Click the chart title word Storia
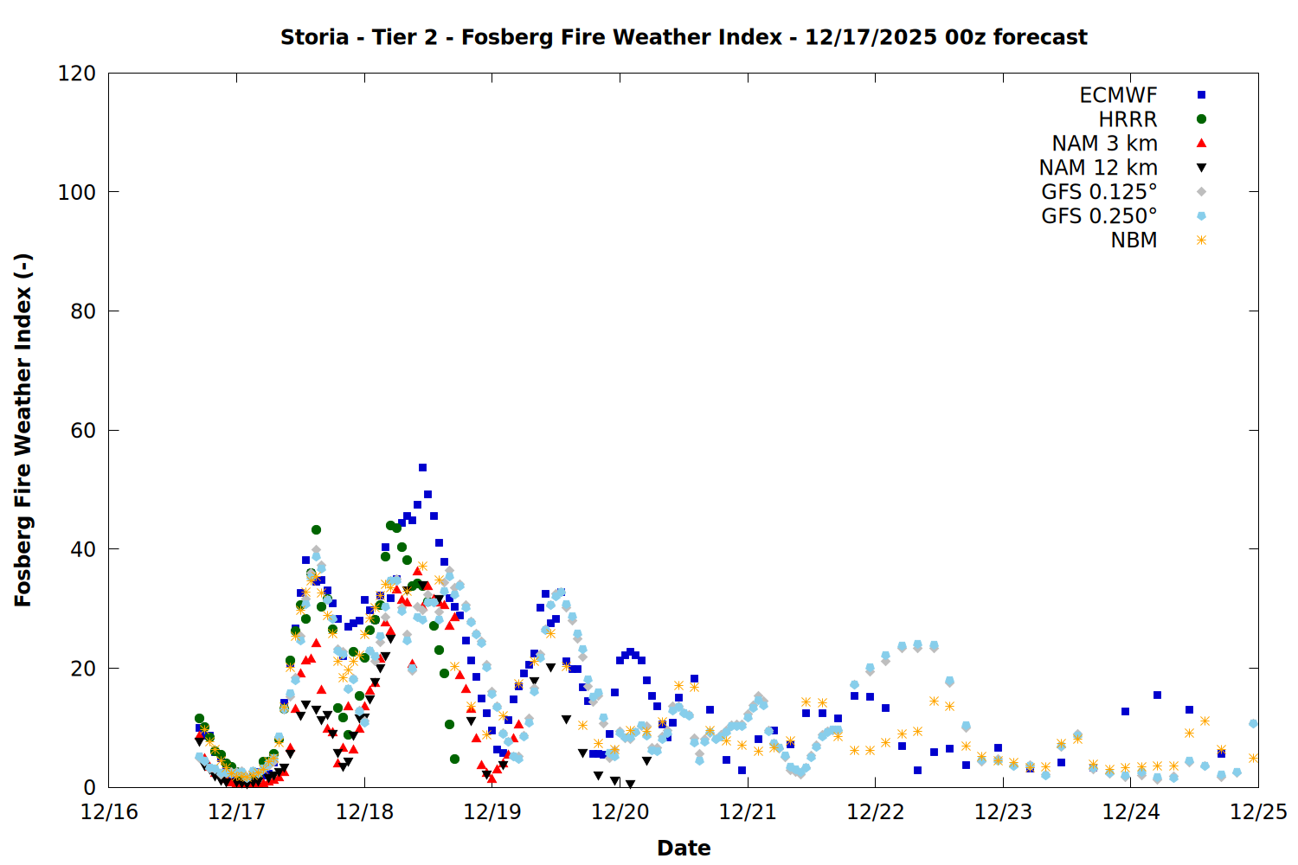(x=315, y=37)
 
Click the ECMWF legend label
(x=1118, y=95)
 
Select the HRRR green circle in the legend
(x=1201, y=119)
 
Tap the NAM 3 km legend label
(x=1104, y=144)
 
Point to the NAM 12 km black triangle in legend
(x=1201, y=168)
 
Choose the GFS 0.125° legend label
(x=1099, y=192)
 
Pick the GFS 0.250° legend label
(x=1099, y=216)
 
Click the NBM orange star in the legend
(x=1201, y=240)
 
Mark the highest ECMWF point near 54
(x=422, y=467)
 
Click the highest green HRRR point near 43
(x=316, y=529)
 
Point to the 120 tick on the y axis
(x=77, y=74)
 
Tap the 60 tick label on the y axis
(x=83, y=431)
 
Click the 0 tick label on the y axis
(x=89, y=788)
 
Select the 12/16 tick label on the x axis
(x=109, y=812)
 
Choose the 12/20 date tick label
(x=620, y=812)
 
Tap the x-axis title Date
(x=684, y=848)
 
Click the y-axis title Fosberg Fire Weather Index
(x=23, y=430)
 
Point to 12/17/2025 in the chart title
(x=871, y=37)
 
